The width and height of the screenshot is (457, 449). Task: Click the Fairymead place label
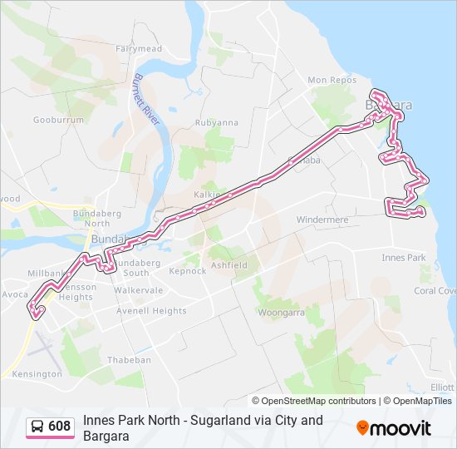139,49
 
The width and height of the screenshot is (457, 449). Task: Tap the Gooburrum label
59,120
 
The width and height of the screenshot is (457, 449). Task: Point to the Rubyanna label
216,122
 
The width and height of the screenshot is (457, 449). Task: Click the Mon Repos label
330,80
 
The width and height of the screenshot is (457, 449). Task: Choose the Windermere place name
322,220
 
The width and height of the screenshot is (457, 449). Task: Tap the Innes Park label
404,258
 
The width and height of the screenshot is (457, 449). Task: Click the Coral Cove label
435,291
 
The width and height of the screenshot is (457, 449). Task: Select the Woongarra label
281,313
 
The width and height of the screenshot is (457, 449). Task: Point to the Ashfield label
228,265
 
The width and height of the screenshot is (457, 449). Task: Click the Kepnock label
187,271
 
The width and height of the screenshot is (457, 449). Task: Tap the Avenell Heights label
151,311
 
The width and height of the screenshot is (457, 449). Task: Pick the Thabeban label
129,360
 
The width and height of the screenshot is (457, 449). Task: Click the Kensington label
37,374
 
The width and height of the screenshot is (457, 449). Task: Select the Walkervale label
139,290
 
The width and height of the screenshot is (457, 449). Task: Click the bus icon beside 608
37,427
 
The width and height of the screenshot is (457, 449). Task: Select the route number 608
59,427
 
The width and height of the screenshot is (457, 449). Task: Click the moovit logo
394,427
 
